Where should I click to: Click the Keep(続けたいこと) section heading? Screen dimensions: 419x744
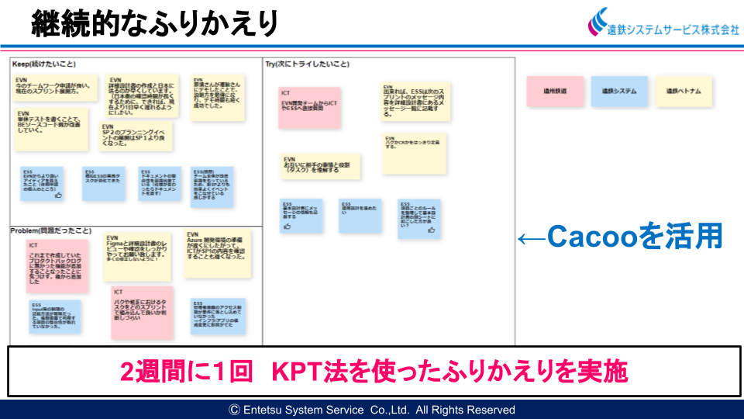(43, 64)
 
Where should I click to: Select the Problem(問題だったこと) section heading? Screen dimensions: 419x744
(50, 230)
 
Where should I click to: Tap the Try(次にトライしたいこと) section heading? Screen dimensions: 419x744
(308, 64)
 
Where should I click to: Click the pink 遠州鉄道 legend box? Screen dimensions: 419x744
(555, 91)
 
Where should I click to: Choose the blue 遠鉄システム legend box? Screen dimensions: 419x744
(619, 91)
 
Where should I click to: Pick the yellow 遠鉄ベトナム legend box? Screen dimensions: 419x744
(684, 91)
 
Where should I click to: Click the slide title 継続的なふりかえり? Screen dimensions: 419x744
(155, 24)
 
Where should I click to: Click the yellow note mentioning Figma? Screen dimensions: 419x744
(137, 257)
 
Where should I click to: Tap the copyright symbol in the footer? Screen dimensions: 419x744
(233, 410)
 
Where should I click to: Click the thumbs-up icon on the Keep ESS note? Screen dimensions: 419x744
(58, 196)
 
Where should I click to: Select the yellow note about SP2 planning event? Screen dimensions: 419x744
(136, 136)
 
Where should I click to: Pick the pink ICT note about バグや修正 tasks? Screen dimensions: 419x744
(142, 313)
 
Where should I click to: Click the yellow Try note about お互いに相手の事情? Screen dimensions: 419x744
(320, 166)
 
